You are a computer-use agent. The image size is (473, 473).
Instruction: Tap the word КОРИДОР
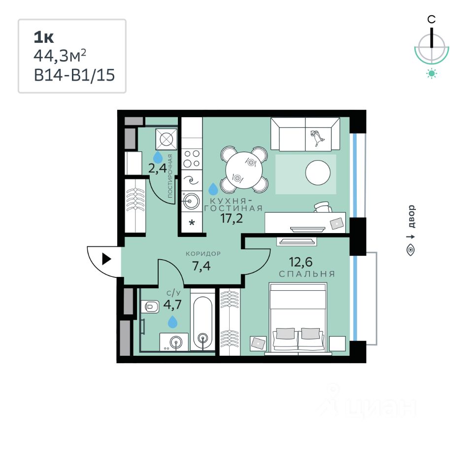tap(203, 254)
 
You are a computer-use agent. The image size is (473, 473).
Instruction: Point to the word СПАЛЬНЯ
tap(307, 274)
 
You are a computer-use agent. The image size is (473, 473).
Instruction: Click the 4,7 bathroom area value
tap(173, 304)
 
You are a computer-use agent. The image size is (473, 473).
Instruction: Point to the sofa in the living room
tap(305, 134)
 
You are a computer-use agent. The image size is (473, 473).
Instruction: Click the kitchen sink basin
tap(191, 201)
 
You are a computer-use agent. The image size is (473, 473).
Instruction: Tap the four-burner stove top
tap(191, 159)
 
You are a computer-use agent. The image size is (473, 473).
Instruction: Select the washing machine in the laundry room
tap(166, 139)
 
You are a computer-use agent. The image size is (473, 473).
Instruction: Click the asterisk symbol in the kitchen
tap(192, 223)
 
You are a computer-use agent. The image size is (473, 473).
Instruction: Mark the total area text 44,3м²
tap(63, 56)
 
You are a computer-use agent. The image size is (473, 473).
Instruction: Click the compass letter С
tap(431, 19)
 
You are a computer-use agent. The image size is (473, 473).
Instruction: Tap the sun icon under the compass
tap(432, 74)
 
